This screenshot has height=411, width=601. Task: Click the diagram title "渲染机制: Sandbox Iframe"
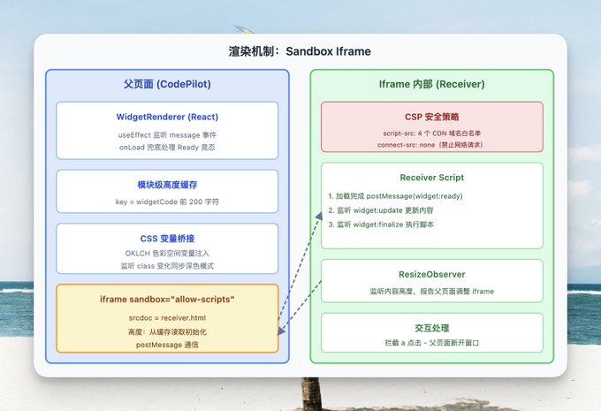pyautogui.click(x=300, y=51)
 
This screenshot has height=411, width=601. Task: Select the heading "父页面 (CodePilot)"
pyautogui.click(x=167, y=84)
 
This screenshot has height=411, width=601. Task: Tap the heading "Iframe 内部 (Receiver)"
pyautogui.click(x=431, y=84)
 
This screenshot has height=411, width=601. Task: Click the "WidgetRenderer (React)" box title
pyautogui.click(x=167, y=117)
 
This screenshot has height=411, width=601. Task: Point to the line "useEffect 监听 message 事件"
pyautogui.click(x=167, y=135)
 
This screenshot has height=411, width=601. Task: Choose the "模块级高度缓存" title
pyautogui.click(x=167, y=185)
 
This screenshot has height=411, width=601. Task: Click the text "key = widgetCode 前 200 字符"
pyautogui.click(x=167, y=202)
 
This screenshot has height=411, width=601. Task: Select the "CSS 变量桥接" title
pyautogui.click(x=167, y=239)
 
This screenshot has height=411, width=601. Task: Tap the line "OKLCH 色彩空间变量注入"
pyautogui.click(x=167, y=253)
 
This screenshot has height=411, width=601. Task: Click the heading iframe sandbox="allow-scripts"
pyautogui.click(x=167, y=300)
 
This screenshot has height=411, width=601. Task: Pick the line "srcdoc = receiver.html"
pyautogui.click(x=167, y=318)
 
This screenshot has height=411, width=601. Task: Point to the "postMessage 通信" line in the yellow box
pyautogui.click(x=167, y=345)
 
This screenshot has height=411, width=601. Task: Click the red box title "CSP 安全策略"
pyautogui.click(x=431, y=117)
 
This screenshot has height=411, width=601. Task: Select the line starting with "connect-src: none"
pyautogui.click(x=431, y=145)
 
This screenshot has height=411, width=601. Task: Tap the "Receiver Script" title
pyautogui.click(x=431, y=178)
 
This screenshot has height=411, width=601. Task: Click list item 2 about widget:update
pyautogui.click(x=381, y=210)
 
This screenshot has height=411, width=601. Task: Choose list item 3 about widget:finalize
pyautogui.click(x=381, y=225)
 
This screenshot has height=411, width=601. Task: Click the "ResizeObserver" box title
pyautogui.click(x=431, y=275)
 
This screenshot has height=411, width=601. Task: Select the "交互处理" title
pyautogui.click(x=431, y=328)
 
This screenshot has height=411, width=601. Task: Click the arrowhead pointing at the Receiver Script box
pyautogui.click(x=319, y=216)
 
